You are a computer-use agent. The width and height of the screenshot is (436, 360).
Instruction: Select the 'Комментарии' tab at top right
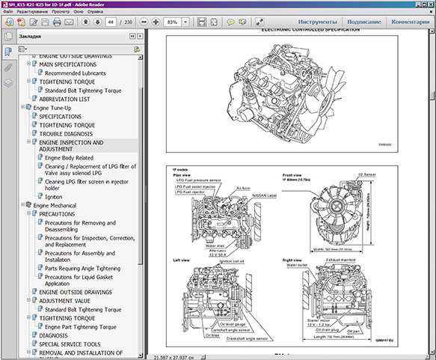(x=411, y=22)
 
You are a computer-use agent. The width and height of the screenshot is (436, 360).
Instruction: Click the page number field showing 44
(x=112, y=22)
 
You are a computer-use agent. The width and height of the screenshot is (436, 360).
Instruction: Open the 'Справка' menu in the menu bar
(x=95, y=13)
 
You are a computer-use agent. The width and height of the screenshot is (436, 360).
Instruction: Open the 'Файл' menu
(x=7, y=13)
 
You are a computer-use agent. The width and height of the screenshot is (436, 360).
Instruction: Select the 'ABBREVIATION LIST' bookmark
(x=64, y=99)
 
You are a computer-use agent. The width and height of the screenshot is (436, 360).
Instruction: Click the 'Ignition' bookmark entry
(x=53, y=196)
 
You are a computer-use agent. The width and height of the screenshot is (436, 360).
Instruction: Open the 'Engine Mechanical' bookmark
(x=55, y=205)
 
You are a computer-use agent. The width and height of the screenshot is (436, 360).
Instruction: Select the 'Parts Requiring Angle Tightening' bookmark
(x=82, y=268)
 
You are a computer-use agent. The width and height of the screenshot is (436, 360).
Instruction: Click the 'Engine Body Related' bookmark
(x=69, y=159)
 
